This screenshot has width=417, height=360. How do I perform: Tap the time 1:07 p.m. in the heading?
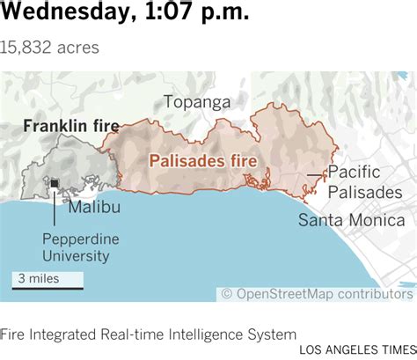click(195, 15)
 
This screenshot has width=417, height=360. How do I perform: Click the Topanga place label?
click(196, 102)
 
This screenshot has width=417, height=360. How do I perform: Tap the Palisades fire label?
click(202, 161)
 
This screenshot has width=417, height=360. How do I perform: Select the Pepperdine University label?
click(81, 247)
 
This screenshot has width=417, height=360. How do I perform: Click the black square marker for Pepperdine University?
click(54, 183)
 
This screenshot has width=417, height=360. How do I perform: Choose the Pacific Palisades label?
click(364, 183)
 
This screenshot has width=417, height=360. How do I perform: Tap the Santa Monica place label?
click(351, 220)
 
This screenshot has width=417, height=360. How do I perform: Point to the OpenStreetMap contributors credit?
click(315, 294)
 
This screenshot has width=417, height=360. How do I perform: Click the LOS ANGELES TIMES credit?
click(357, 349)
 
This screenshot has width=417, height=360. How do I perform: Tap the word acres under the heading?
click(77, 47)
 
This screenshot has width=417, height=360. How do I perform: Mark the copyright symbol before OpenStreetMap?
click(227, 294)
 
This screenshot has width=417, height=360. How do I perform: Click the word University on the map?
click(81, 256)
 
